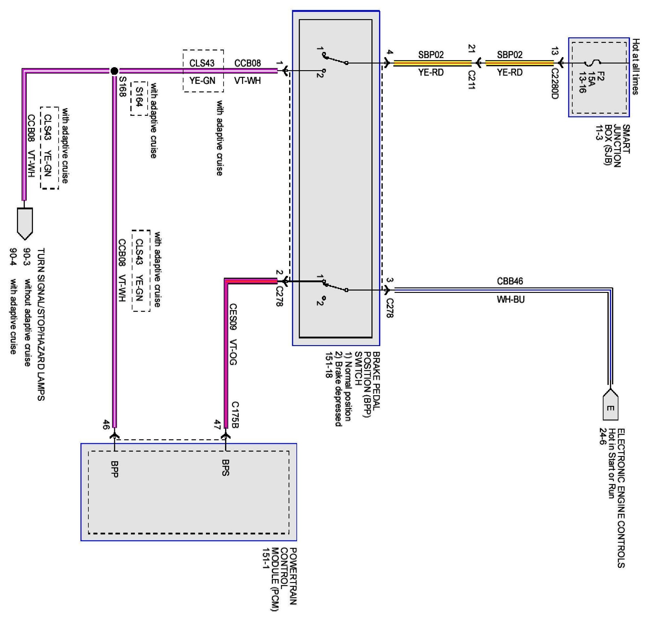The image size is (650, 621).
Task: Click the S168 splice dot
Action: [x=114, y=71]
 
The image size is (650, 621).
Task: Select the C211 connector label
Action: [x=472, y=80]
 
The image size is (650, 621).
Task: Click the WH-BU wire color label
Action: [x=510, y=300]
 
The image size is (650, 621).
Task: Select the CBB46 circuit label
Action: [x=510, y=281]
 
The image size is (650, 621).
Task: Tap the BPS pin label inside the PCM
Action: [x=226, y=467]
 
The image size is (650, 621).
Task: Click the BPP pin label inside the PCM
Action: [x=115, y=469]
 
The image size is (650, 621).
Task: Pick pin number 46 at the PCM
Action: [x=106, y=424]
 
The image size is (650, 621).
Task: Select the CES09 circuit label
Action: [x=233, y=317]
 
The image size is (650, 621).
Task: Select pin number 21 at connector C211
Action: [x=472, y=49]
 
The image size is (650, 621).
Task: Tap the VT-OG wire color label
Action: [x=233, y=352]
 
